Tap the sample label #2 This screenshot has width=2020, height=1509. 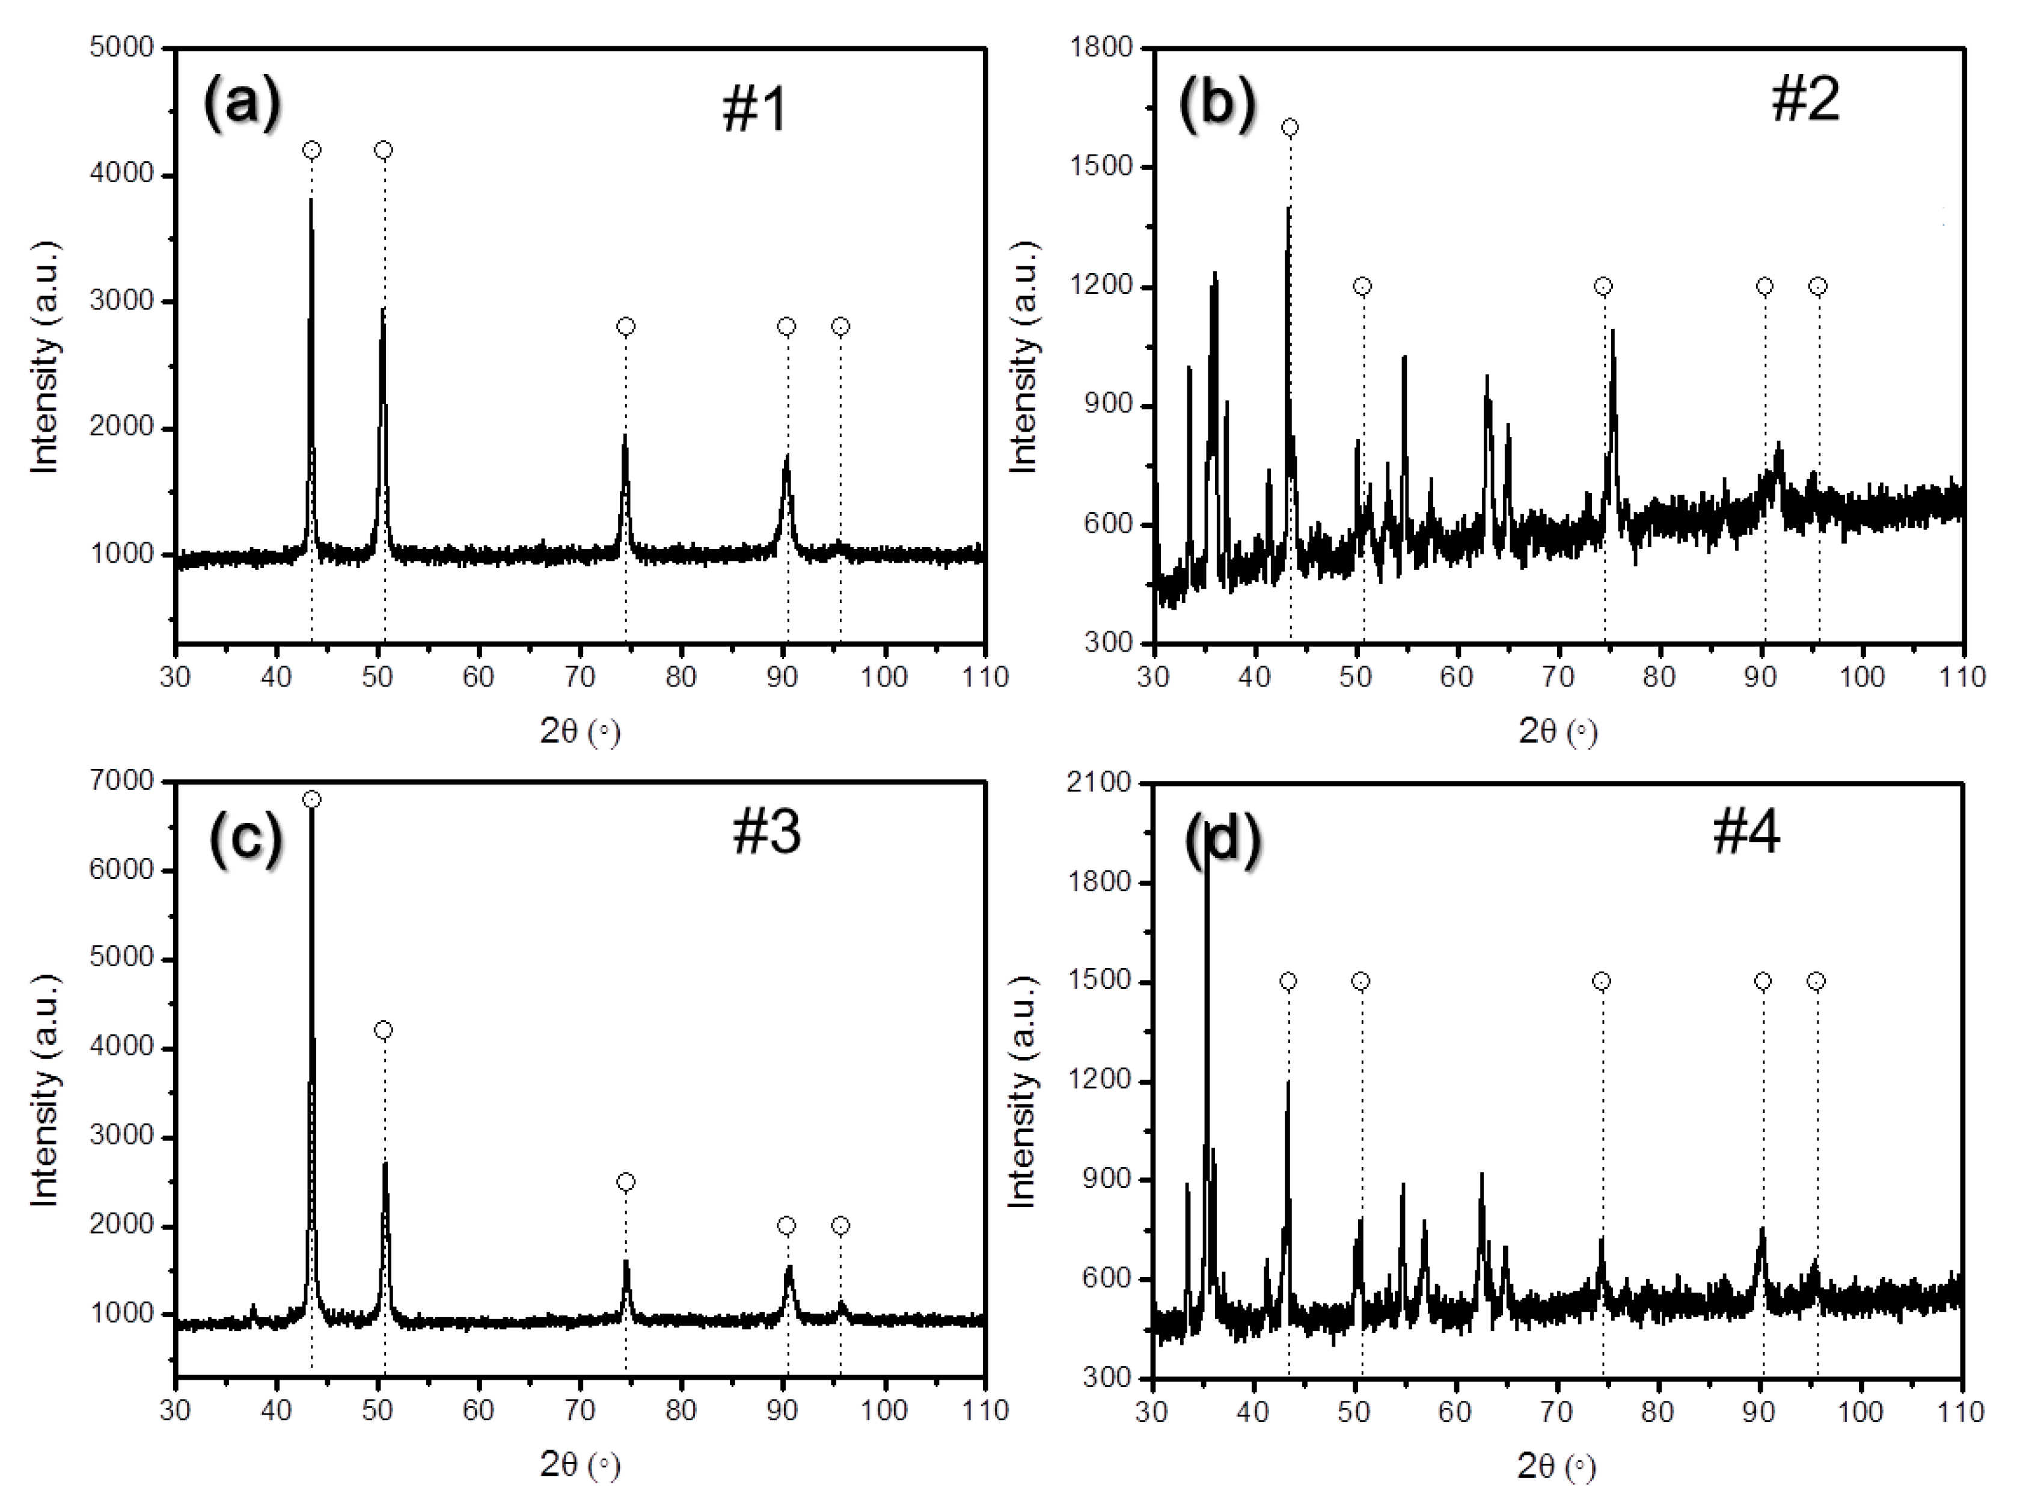(1805, 100)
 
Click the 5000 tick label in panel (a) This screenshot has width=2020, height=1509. (121, 47)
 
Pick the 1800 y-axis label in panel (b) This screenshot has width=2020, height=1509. (1101, 47)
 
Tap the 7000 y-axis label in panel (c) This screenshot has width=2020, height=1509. (121, 781)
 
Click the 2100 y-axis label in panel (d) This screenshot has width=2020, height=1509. (1100, 783)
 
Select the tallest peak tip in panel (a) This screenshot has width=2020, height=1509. (310, 198)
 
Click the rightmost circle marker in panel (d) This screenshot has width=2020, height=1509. (1816, 982)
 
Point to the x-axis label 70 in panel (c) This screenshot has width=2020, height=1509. (580, 1410)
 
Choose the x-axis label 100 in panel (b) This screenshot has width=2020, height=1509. (1861, 677)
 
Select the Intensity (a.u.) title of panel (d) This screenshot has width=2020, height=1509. (1023, 1092)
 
